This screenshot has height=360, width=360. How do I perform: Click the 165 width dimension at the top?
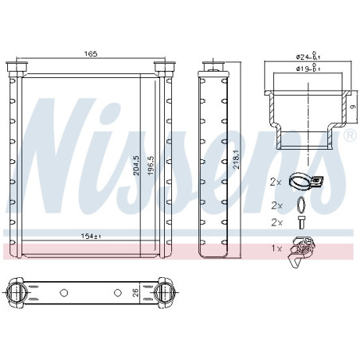tap(91, 54)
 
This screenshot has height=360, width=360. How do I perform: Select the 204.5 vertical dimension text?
tap(136, 166)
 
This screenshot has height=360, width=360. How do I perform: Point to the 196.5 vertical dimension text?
tap(151, 166)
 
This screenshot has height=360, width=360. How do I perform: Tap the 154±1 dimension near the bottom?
tap(91, 236)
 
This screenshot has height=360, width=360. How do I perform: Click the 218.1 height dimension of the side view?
tap(236, 159)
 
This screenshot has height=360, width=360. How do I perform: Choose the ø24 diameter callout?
tap(308, 57)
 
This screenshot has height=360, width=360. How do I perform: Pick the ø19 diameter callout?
tap(308, 68)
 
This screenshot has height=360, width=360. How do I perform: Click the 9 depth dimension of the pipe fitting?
tap(353, 107)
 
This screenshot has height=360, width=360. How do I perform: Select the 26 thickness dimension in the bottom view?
tap(135, 292)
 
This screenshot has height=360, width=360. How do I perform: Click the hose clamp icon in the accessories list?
tap(305, 182)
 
